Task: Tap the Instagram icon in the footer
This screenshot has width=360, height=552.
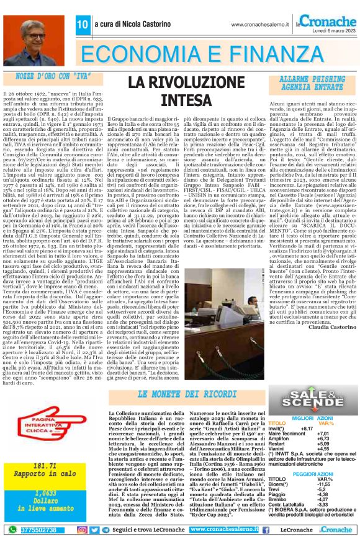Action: (x=83, y=530)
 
